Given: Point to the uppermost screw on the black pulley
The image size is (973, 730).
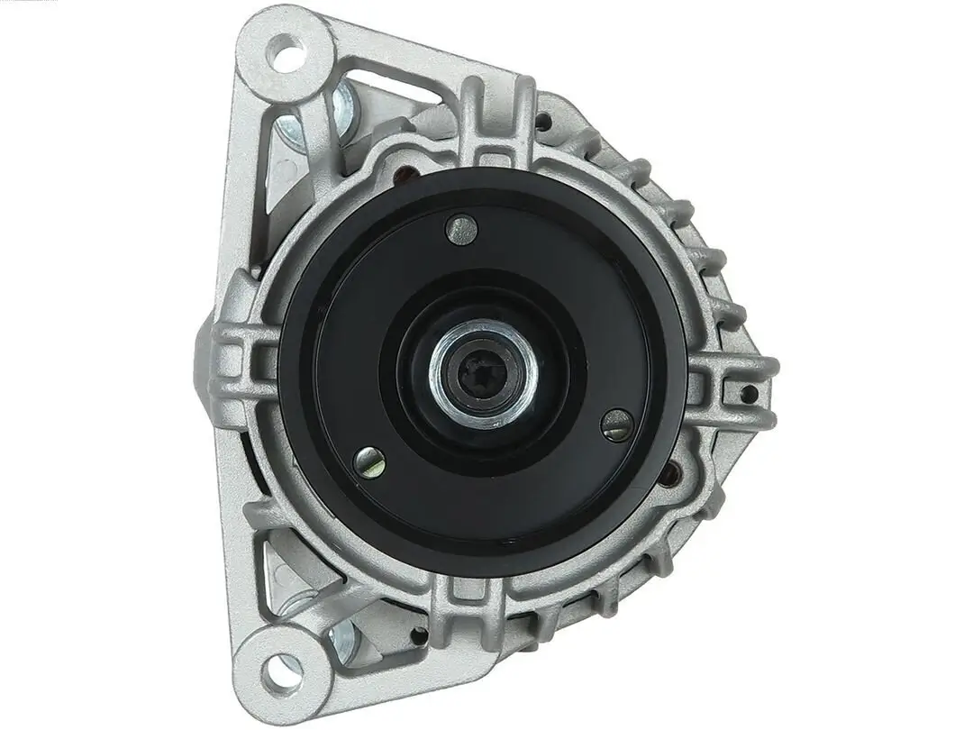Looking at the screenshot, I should point(461,229).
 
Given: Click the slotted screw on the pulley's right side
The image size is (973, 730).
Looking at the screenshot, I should point(617,424).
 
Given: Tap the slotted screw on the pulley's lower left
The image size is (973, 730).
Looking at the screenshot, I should point(369,461).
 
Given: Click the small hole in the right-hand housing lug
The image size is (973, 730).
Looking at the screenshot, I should point(747,393).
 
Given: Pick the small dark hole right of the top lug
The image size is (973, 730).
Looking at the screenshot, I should point(544,119).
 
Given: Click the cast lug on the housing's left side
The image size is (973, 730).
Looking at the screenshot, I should point(236,360).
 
